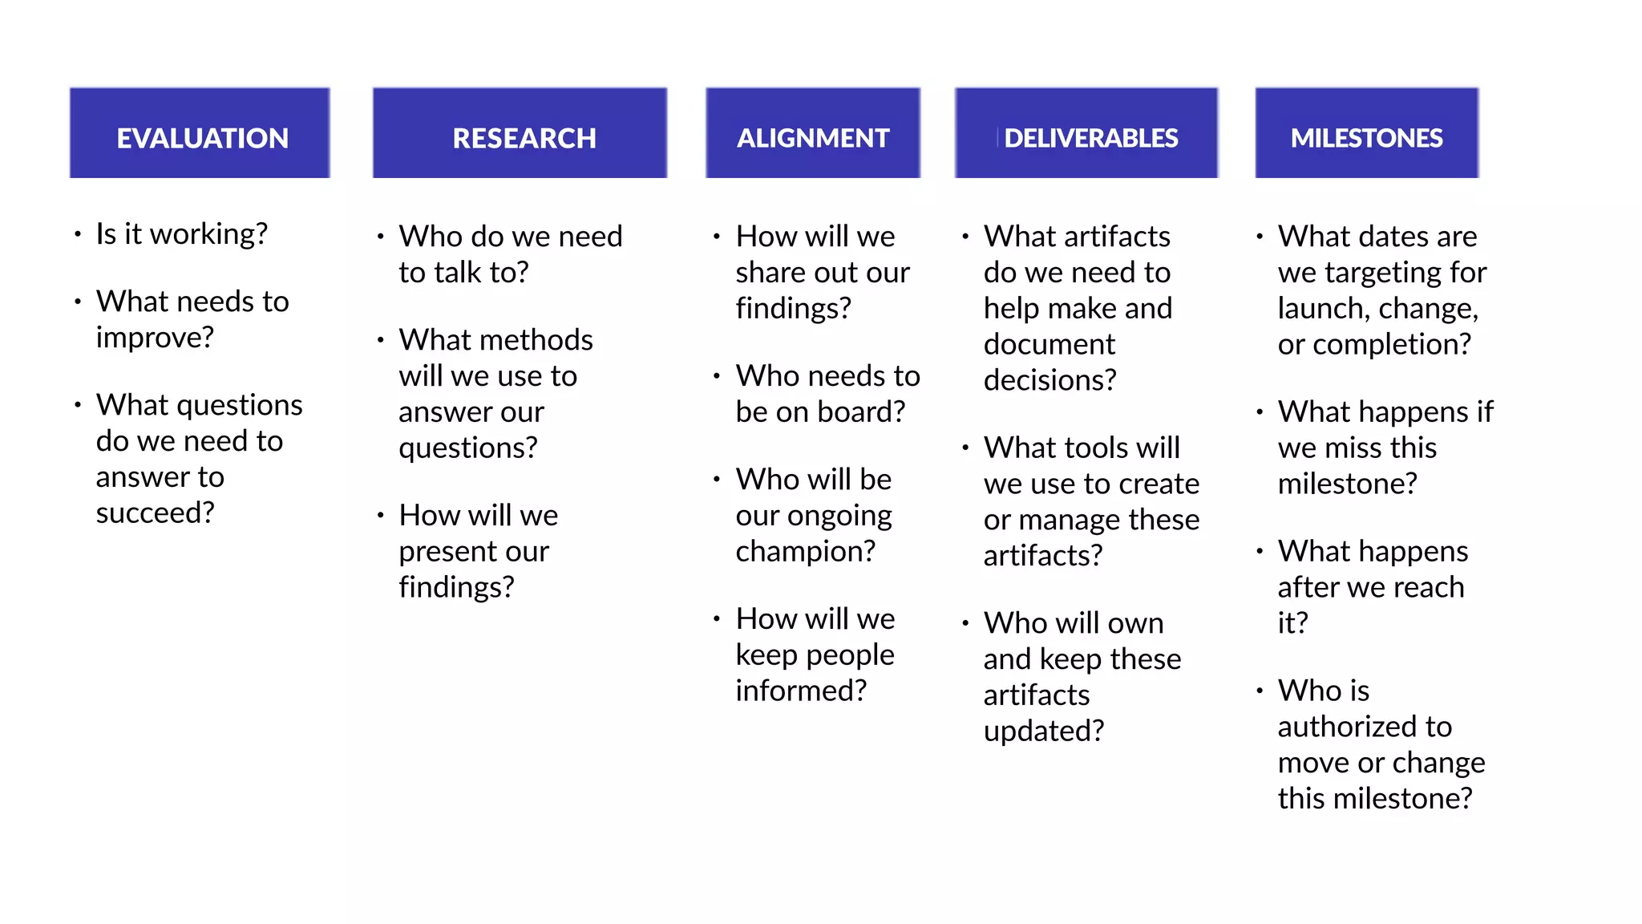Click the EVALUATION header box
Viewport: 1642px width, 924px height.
point(200,133)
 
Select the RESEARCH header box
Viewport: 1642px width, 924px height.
point(520,133)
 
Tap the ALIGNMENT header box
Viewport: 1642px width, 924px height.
point(813,133)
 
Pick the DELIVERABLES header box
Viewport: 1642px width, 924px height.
point(1086,133)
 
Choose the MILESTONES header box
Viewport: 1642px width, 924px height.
point(1366,133)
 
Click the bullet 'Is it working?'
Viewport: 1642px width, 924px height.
point(181,234)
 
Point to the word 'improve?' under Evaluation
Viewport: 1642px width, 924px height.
point(155,338)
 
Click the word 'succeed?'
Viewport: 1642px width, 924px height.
point(155,513)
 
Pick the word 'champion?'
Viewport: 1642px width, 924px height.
point(805,552)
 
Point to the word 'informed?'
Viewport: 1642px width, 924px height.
point(801,691)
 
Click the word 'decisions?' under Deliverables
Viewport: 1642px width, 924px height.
point(1050,380)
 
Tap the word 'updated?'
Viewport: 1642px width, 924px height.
point(1043,731)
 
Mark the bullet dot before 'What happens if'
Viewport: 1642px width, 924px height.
point(1260,412)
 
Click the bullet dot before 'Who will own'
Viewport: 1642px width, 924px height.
point(965,623)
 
